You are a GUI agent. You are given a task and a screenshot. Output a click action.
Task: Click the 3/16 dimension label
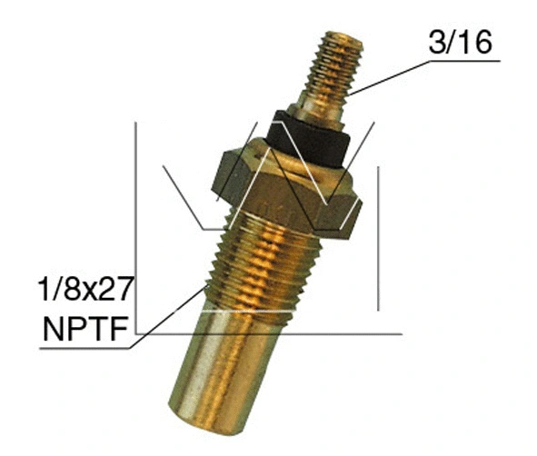[x=462, y=42]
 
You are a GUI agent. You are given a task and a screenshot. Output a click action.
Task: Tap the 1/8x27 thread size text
[x=87, y=291]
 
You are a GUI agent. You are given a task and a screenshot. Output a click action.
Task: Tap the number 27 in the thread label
[x=117, y=291]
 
